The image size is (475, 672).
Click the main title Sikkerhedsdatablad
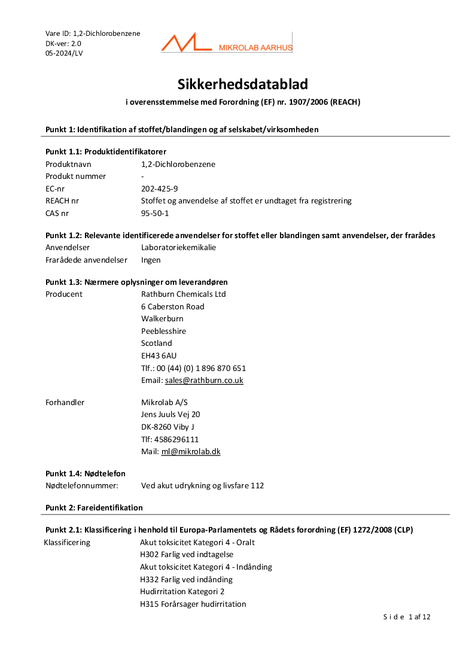click(243, 84)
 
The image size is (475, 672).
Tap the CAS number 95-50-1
click(155, 213)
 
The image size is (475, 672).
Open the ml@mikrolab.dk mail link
click(191, 452)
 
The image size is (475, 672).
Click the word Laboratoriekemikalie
click(178, 248)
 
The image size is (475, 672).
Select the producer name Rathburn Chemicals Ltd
click(183, 294)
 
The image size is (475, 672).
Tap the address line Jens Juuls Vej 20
click(170, 415)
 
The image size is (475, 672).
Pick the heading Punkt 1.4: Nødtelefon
click(86, 474)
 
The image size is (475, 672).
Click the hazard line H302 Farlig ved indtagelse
click(187, 555)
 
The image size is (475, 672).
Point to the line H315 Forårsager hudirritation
click(193, 604)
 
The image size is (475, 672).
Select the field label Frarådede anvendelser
click(86, 260)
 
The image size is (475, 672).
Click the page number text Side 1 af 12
click(407, 617)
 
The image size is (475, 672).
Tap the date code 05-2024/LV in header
click(64, 53)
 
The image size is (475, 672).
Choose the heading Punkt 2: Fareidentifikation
click(94, 508)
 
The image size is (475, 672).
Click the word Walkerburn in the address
click(162, 319)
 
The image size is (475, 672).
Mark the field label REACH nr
click(62, 201)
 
